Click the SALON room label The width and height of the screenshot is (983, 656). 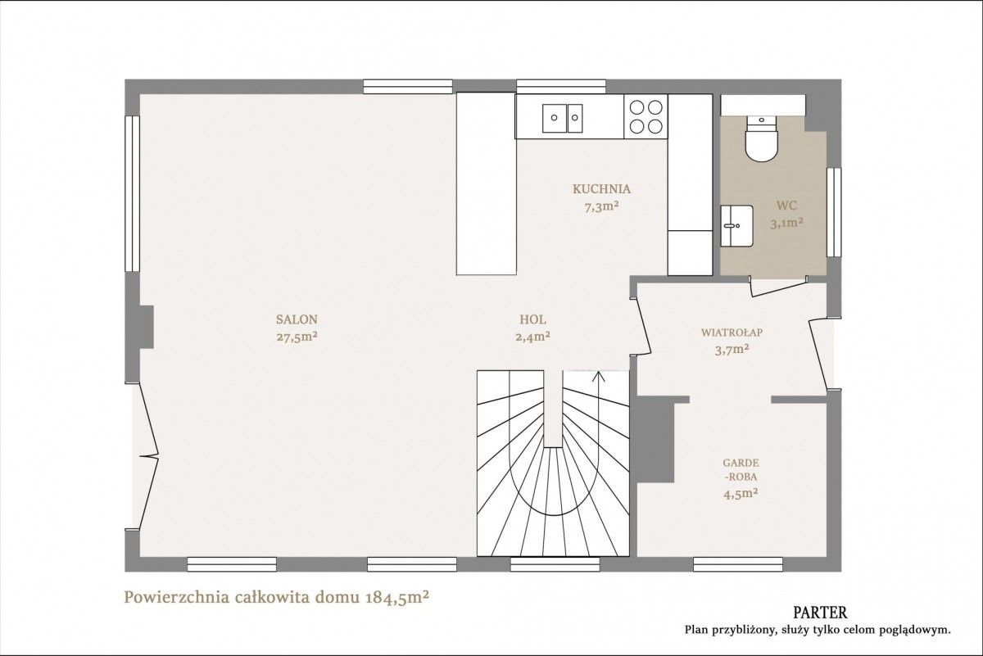(x=297, y=319)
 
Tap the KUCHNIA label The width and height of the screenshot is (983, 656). (x=601, y=189)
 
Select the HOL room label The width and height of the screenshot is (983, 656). (x=532, y=319)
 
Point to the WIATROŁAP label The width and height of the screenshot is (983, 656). (x=732, y=333)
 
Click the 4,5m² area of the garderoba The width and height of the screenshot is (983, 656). (x=741, y=494)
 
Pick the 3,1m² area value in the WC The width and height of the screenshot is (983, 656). (x=786, y=224)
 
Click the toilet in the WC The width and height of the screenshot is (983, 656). (x=761, y=138)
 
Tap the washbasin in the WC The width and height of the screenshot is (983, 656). (x=736, y=225)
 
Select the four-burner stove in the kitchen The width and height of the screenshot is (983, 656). (x=646, y=117)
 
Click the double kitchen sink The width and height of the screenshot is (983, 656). (x=562, y=118)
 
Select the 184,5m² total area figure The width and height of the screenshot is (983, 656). (x=397, y=597)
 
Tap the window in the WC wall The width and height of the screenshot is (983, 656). (x=834, y=212)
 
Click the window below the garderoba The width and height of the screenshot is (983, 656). (x=738, y=564)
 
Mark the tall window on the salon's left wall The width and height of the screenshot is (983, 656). (x=132, y=193)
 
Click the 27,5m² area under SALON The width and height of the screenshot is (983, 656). (x=297, y=337)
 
